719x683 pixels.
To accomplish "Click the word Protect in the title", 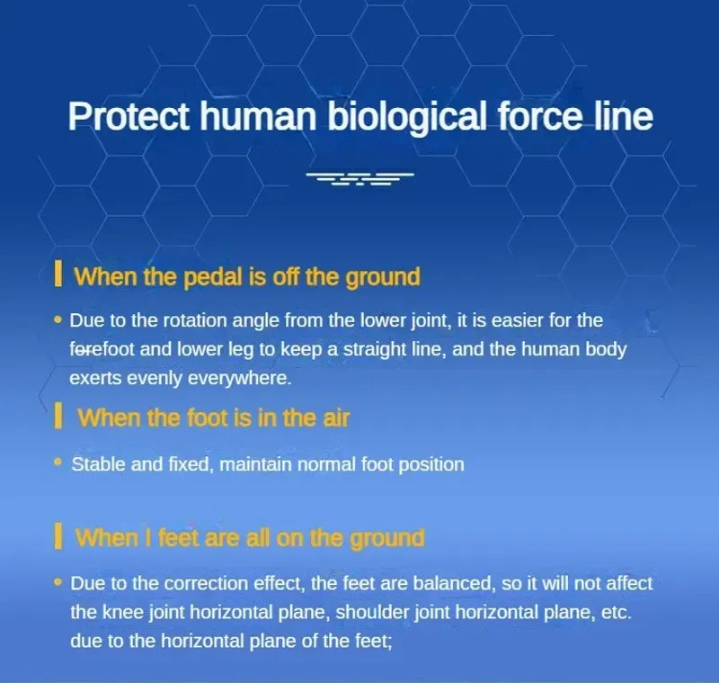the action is coord(129,116).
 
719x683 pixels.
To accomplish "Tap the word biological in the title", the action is coord(406,117).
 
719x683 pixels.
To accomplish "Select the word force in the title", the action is coord(539,116).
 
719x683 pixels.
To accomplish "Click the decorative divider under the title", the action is coord(360,178).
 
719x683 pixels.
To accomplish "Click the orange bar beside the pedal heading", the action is coord(58,274).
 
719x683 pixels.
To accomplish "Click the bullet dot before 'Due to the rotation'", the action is coord(58,319).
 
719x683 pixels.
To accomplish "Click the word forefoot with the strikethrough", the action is coord(102,349).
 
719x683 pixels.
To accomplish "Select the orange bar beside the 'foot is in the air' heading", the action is coord(58,416).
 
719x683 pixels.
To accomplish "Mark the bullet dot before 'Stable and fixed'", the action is coord(58,463).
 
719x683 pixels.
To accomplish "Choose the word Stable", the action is coord(98,464).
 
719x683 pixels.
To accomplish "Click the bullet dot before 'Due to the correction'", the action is coord(58,582).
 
